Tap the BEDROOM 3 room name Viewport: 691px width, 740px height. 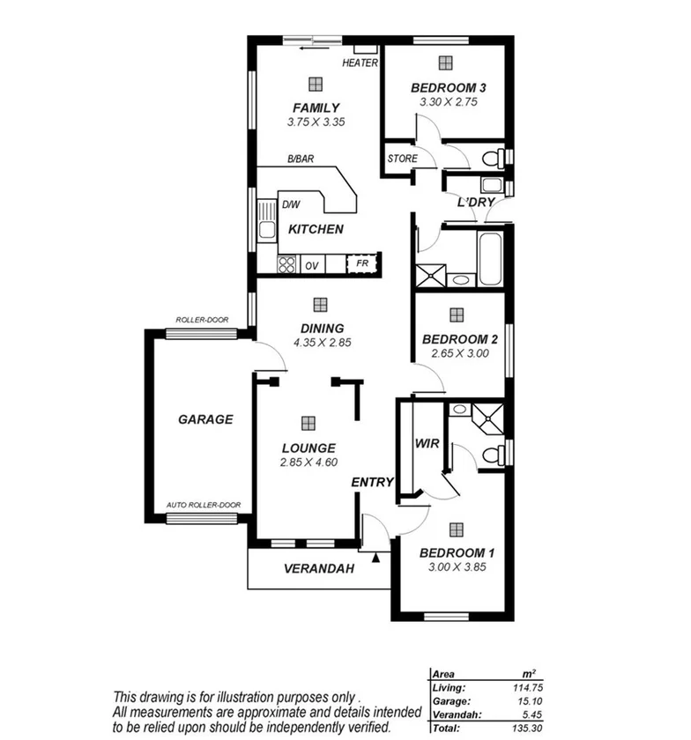point(449,87)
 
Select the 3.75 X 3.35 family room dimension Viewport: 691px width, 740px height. point(315,122)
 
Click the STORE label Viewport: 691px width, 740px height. point(403,159)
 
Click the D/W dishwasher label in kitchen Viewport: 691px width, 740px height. point(291,205)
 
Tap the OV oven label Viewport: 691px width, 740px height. point(312,265)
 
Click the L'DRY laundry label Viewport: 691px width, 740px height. point(474,203)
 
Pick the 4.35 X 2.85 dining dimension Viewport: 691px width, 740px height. point(322,343)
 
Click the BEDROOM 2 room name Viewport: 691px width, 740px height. point(460,339)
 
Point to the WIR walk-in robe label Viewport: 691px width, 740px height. point(427,443)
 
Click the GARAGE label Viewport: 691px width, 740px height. point(205,419)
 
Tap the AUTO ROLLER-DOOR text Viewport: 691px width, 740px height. point(204,506)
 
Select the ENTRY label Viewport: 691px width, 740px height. point(371,483)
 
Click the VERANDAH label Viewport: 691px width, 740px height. point(318,569)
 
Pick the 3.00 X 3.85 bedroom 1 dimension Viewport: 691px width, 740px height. point(457,567)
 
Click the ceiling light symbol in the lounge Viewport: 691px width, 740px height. point(307,423)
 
